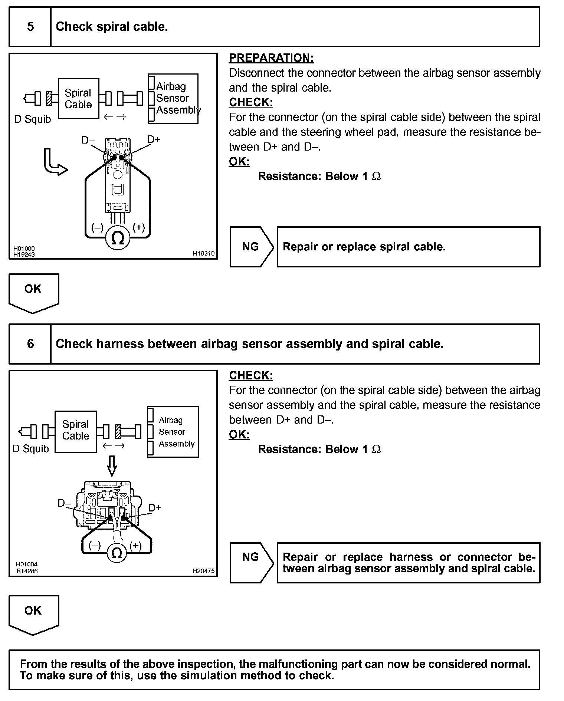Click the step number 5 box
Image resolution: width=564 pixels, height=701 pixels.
point(30,27)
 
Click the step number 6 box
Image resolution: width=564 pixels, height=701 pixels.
point(30,344)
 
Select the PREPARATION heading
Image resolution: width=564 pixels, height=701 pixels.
point(271,58)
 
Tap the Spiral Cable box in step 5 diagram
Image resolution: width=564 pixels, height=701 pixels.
point(78,99)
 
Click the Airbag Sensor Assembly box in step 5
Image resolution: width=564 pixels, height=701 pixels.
point(173,98)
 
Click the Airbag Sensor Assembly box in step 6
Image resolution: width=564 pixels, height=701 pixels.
point(173,432)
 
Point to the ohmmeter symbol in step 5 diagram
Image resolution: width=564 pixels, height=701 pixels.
point(118,238)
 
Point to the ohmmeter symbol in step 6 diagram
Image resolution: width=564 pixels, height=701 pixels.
point(117,553)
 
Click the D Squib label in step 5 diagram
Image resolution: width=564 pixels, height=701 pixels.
point(32,119)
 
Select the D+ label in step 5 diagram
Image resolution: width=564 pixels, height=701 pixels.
point(154,139)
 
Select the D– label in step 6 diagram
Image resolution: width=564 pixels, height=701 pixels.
point(64,503)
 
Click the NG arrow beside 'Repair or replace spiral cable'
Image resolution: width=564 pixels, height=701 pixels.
point(251,247)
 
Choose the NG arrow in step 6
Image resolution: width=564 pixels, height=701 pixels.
point(251,563)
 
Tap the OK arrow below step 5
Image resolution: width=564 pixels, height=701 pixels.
point(33,293)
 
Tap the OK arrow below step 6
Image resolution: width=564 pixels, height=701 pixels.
point(33,614)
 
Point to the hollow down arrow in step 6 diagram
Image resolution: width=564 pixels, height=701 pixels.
point(112,465)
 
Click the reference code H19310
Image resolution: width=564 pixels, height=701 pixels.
point(203,254)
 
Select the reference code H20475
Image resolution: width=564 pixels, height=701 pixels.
point(203,571)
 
